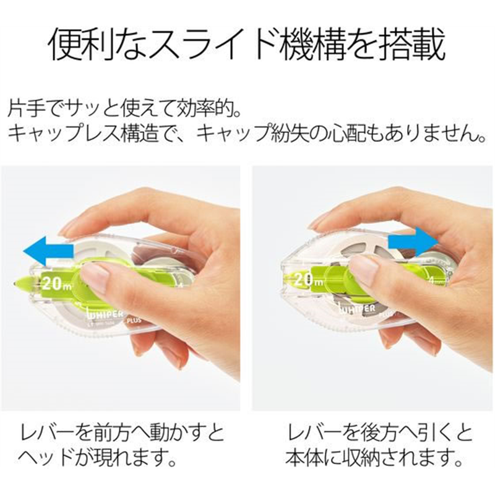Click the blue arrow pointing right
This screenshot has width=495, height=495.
(x=413, y=242)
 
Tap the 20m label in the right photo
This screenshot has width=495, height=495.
(x=308, y=280)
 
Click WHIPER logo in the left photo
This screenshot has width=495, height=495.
(x=104, y=314)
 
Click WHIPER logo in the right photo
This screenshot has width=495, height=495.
(x=357, y=309)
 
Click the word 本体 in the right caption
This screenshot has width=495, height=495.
(x=303, y=458)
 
